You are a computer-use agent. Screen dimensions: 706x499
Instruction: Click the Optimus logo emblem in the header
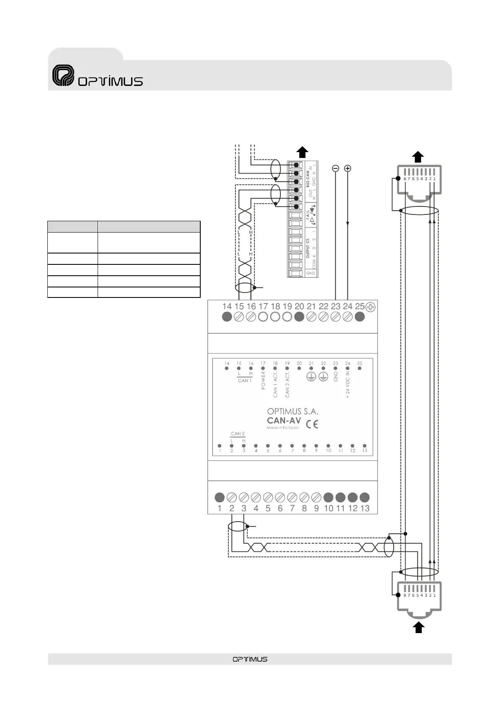click(x=63, y=75)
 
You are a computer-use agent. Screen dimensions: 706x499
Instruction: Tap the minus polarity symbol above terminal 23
click(x=335, y=168)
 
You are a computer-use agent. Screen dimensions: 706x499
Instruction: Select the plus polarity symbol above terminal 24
click(x=347, y=168)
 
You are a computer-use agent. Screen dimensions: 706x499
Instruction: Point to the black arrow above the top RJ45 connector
click(x=418, y=157)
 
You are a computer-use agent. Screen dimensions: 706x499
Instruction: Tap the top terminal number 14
click(x=227, y=307)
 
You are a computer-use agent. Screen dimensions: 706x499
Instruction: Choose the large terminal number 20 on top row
click(x=299, y=307)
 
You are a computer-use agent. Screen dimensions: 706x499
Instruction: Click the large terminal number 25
click(x=359, y=307)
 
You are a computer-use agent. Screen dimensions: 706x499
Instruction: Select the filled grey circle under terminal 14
click(x=227, y=317)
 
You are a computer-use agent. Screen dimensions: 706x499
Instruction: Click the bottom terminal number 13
click(x=365, y=508)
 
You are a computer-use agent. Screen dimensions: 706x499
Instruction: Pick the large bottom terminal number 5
click(x=268, y=508)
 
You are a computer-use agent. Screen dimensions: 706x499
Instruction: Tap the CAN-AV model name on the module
click(x=284, y=420)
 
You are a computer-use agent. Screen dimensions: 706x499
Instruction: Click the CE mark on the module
click(x=312, y=424)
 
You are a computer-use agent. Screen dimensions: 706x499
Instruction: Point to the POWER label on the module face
click(x=263, y=380)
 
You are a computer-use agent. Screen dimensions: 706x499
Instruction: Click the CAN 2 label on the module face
click(x=238, y=434)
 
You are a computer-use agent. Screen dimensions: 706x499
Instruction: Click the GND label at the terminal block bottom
click(x=310, y=273)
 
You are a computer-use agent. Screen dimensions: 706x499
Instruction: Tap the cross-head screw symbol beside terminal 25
click(x=371, y=307)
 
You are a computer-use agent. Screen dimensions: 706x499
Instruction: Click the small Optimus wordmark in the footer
click(x=250, y=659)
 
